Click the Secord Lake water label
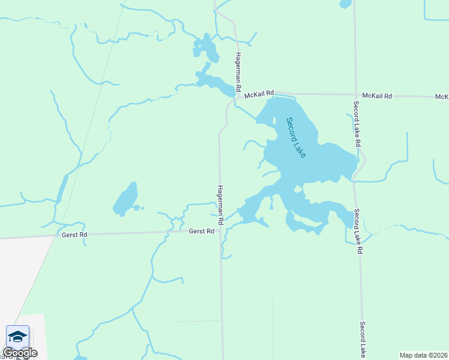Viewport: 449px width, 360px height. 296,137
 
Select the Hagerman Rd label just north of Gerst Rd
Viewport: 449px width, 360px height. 221,205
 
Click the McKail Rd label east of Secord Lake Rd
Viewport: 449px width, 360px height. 378,96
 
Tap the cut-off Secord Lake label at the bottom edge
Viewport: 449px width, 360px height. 363,340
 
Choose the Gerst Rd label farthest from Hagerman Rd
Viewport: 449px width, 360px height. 74,235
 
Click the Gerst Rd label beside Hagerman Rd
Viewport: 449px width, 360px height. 202,231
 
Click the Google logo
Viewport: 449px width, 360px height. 20,353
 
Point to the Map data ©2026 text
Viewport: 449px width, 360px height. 424,355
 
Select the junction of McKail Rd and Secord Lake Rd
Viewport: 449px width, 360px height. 355,94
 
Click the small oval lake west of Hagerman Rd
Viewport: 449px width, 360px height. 125,200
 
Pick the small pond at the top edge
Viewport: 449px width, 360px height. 345,4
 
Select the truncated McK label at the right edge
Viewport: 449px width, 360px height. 442,97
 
